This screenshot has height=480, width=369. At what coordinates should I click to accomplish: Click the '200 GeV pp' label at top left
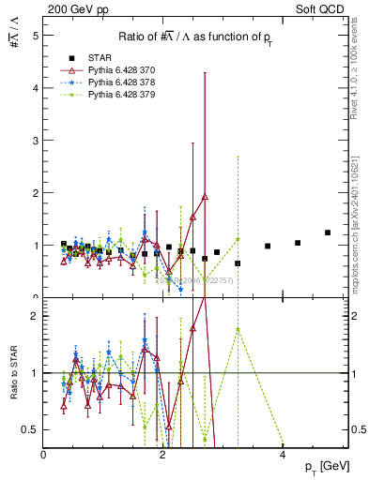(72, 8)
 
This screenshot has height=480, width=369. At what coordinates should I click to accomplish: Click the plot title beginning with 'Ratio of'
(195, 37)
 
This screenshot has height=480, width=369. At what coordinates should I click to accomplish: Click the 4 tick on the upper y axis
(36, 88)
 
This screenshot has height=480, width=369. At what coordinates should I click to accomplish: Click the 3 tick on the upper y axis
(36, 141)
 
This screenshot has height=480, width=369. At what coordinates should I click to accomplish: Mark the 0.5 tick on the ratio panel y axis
(32, 429)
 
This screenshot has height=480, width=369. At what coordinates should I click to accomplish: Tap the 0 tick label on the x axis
(44, 454)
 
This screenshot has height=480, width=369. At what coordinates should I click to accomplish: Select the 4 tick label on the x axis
(283, 454)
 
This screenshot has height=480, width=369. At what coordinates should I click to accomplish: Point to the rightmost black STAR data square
(328, 232)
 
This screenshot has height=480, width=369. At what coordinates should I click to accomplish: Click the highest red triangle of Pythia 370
(205, 197)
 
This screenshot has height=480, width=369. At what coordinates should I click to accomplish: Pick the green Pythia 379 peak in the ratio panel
(238, 329)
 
